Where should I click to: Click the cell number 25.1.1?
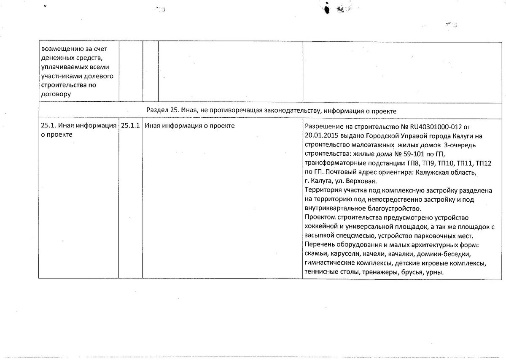click(130, 126)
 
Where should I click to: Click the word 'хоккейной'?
click(319, 227)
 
